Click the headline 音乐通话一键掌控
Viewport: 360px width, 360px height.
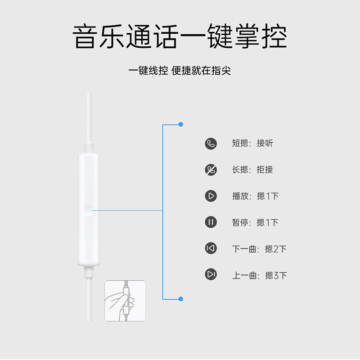point(180,36)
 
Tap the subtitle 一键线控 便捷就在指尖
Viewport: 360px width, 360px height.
point(180,71)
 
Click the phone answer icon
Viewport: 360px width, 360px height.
point(211,144)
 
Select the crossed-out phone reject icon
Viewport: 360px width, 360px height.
point(211,170)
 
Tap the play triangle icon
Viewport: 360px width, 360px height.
point(211,196)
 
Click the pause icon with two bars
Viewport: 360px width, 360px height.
point(211,222)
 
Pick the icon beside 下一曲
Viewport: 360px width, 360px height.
point(211,248)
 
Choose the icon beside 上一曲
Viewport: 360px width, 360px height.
point(211,274)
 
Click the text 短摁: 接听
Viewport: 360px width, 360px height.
point(252,143)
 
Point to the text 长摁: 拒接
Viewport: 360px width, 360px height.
point(252,170)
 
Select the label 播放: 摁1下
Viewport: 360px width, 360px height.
point(255,196)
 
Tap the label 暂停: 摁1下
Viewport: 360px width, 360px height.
point(255,222)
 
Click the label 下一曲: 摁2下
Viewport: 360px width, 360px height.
point(260,249)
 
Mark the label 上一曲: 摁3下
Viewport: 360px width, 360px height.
point(260,275)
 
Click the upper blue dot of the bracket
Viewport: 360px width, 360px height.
point(181,125)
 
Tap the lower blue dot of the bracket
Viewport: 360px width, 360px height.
point(181,299)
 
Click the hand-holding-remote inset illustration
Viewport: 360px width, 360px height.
point(125,301)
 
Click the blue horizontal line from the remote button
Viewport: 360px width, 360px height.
point(127,210)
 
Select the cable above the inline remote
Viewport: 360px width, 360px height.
point(89,117)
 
